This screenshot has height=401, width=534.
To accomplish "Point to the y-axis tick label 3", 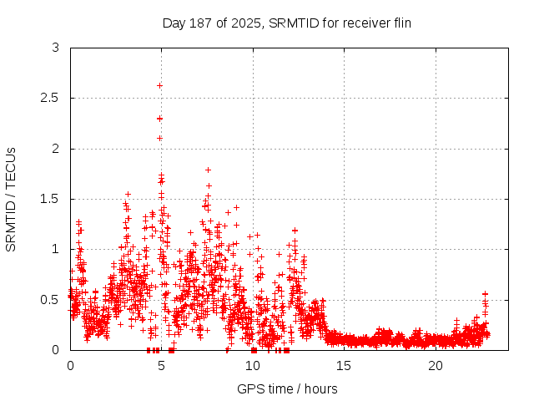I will (55, 48).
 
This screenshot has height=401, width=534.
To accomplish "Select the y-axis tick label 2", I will (55, 149).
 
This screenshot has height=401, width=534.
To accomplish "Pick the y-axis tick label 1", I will (55, 249).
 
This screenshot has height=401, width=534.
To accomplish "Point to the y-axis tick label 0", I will (55, 349).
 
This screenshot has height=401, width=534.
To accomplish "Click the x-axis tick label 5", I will (161, 366).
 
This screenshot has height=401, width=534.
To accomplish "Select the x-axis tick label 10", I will (253, 366).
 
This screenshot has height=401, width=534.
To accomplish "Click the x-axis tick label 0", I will (70, 366).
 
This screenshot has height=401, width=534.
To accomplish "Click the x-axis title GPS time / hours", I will (287, 388).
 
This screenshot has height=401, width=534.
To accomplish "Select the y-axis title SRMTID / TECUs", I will (12, 199).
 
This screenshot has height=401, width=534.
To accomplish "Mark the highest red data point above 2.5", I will (159, 85).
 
